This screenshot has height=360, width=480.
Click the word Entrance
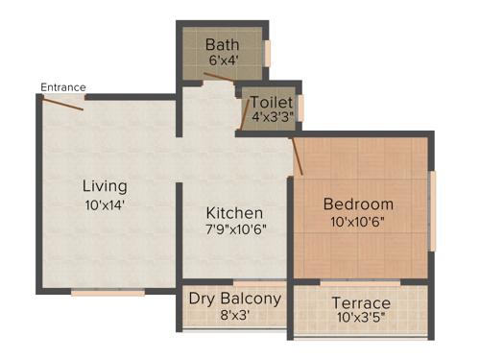(62, 87)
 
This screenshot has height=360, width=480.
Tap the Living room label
(104, 185)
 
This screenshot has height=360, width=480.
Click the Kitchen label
(235, 212)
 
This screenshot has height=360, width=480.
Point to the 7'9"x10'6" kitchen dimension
(235, 229)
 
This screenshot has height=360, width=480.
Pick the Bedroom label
(358, 204)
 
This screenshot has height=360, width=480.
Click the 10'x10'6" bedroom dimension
(358, 222)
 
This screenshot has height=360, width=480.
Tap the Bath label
(222, 44)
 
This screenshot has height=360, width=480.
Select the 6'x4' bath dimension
(222, 60)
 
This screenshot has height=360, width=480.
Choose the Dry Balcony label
(235, 299)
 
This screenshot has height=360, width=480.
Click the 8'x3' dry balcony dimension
(235, 316)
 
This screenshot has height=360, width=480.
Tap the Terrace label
(361, 304)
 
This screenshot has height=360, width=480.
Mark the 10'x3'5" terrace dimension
(361, 322)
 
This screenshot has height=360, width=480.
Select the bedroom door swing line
(298, 156)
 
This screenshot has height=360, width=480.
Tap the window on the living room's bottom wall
(108, 292)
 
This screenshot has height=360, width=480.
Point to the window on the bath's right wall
(268, 52)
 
